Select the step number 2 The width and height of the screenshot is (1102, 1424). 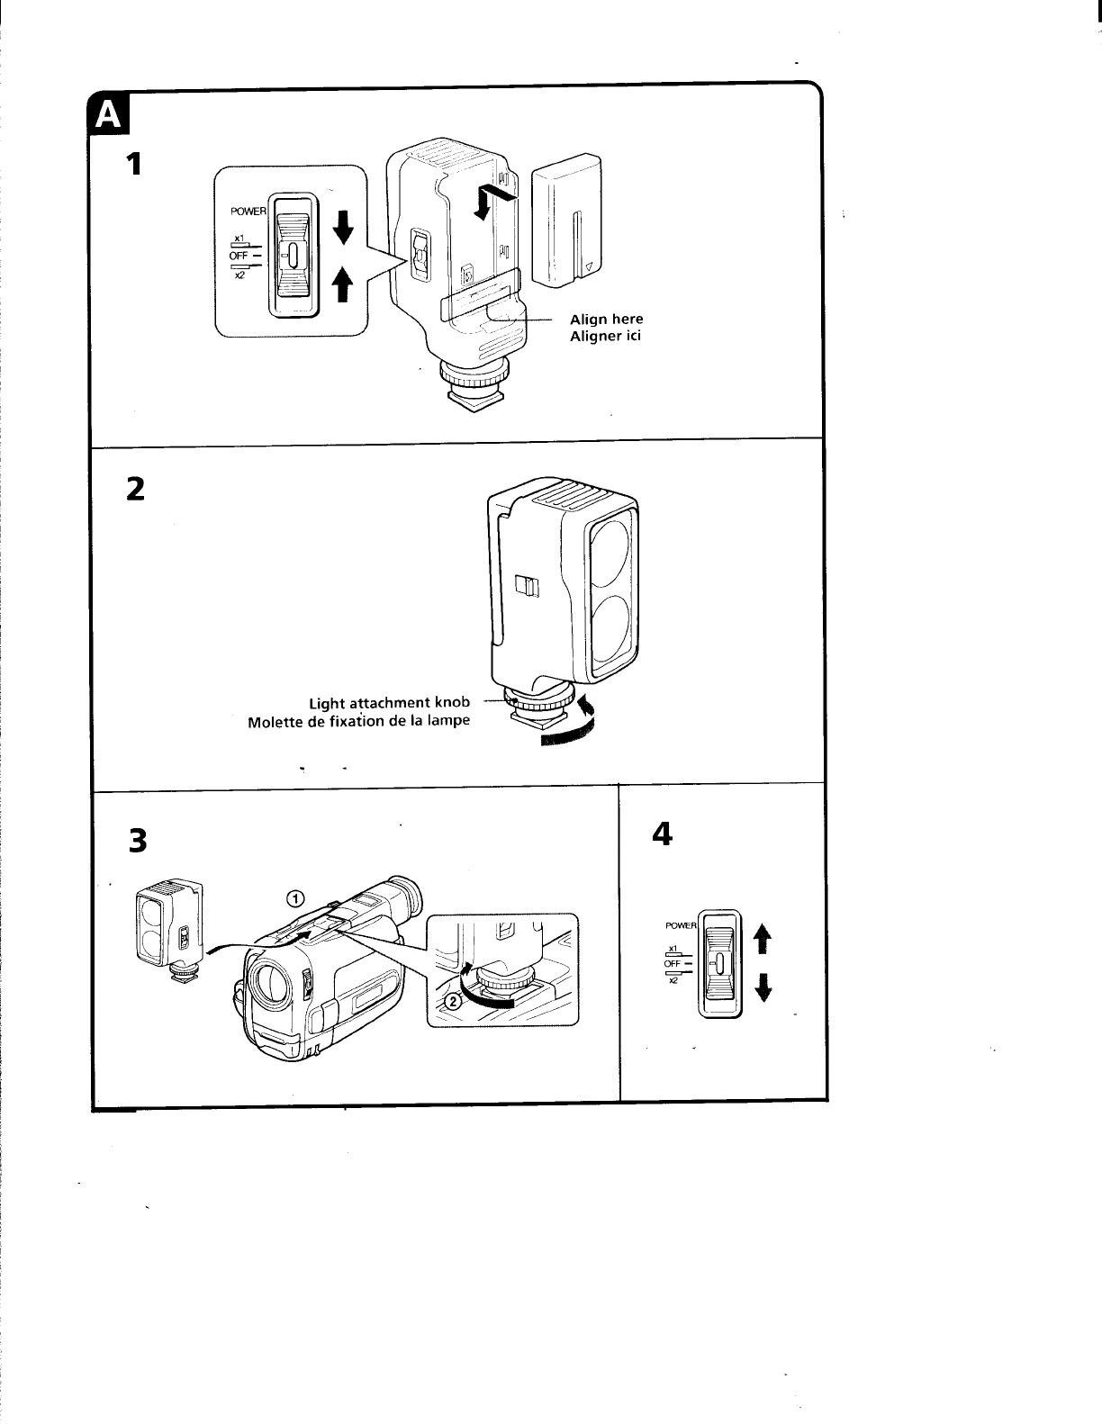134,489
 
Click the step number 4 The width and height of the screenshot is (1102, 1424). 662,834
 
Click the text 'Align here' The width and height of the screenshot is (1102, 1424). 606,319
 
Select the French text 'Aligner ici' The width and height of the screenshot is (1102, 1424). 605,336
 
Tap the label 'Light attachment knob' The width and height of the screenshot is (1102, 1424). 389,702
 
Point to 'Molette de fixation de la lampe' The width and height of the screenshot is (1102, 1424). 358,721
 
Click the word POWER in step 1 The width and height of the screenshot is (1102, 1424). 248,212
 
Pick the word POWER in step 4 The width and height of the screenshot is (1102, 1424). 682,925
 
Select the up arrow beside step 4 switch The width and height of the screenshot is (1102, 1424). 763,938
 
